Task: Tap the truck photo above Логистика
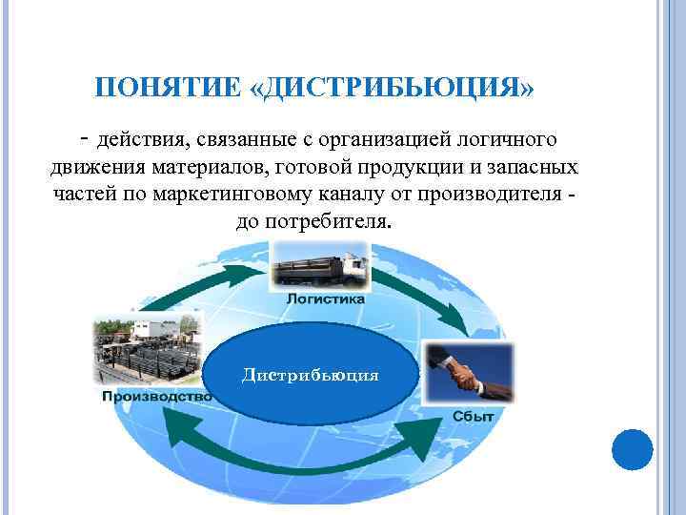(x=320, y=266)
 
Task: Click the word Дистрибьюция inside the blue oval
(x=311, y=375)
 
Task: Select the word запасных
(x=535, y=168)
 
